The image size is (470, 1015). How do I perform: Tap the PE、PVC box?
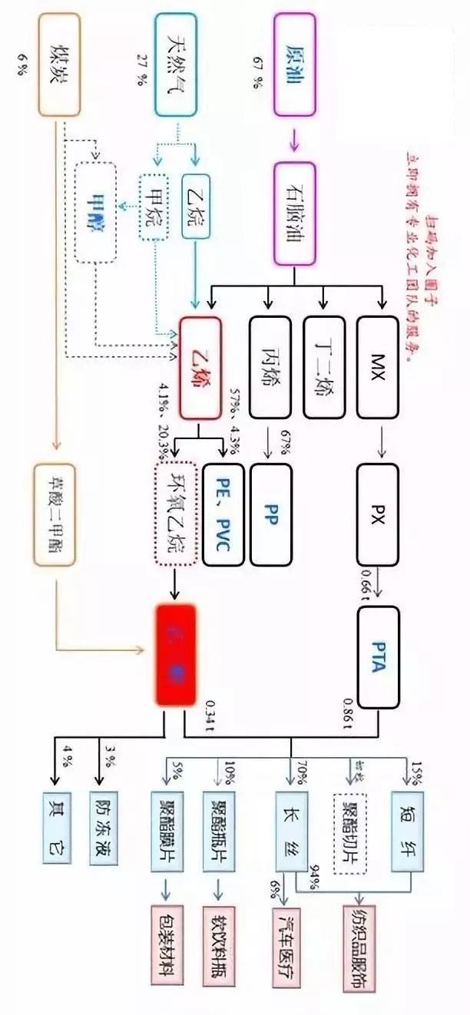[x=223, y=514]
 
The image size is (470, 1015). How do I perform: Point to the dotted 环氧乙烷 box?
[x=177, y=514]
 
